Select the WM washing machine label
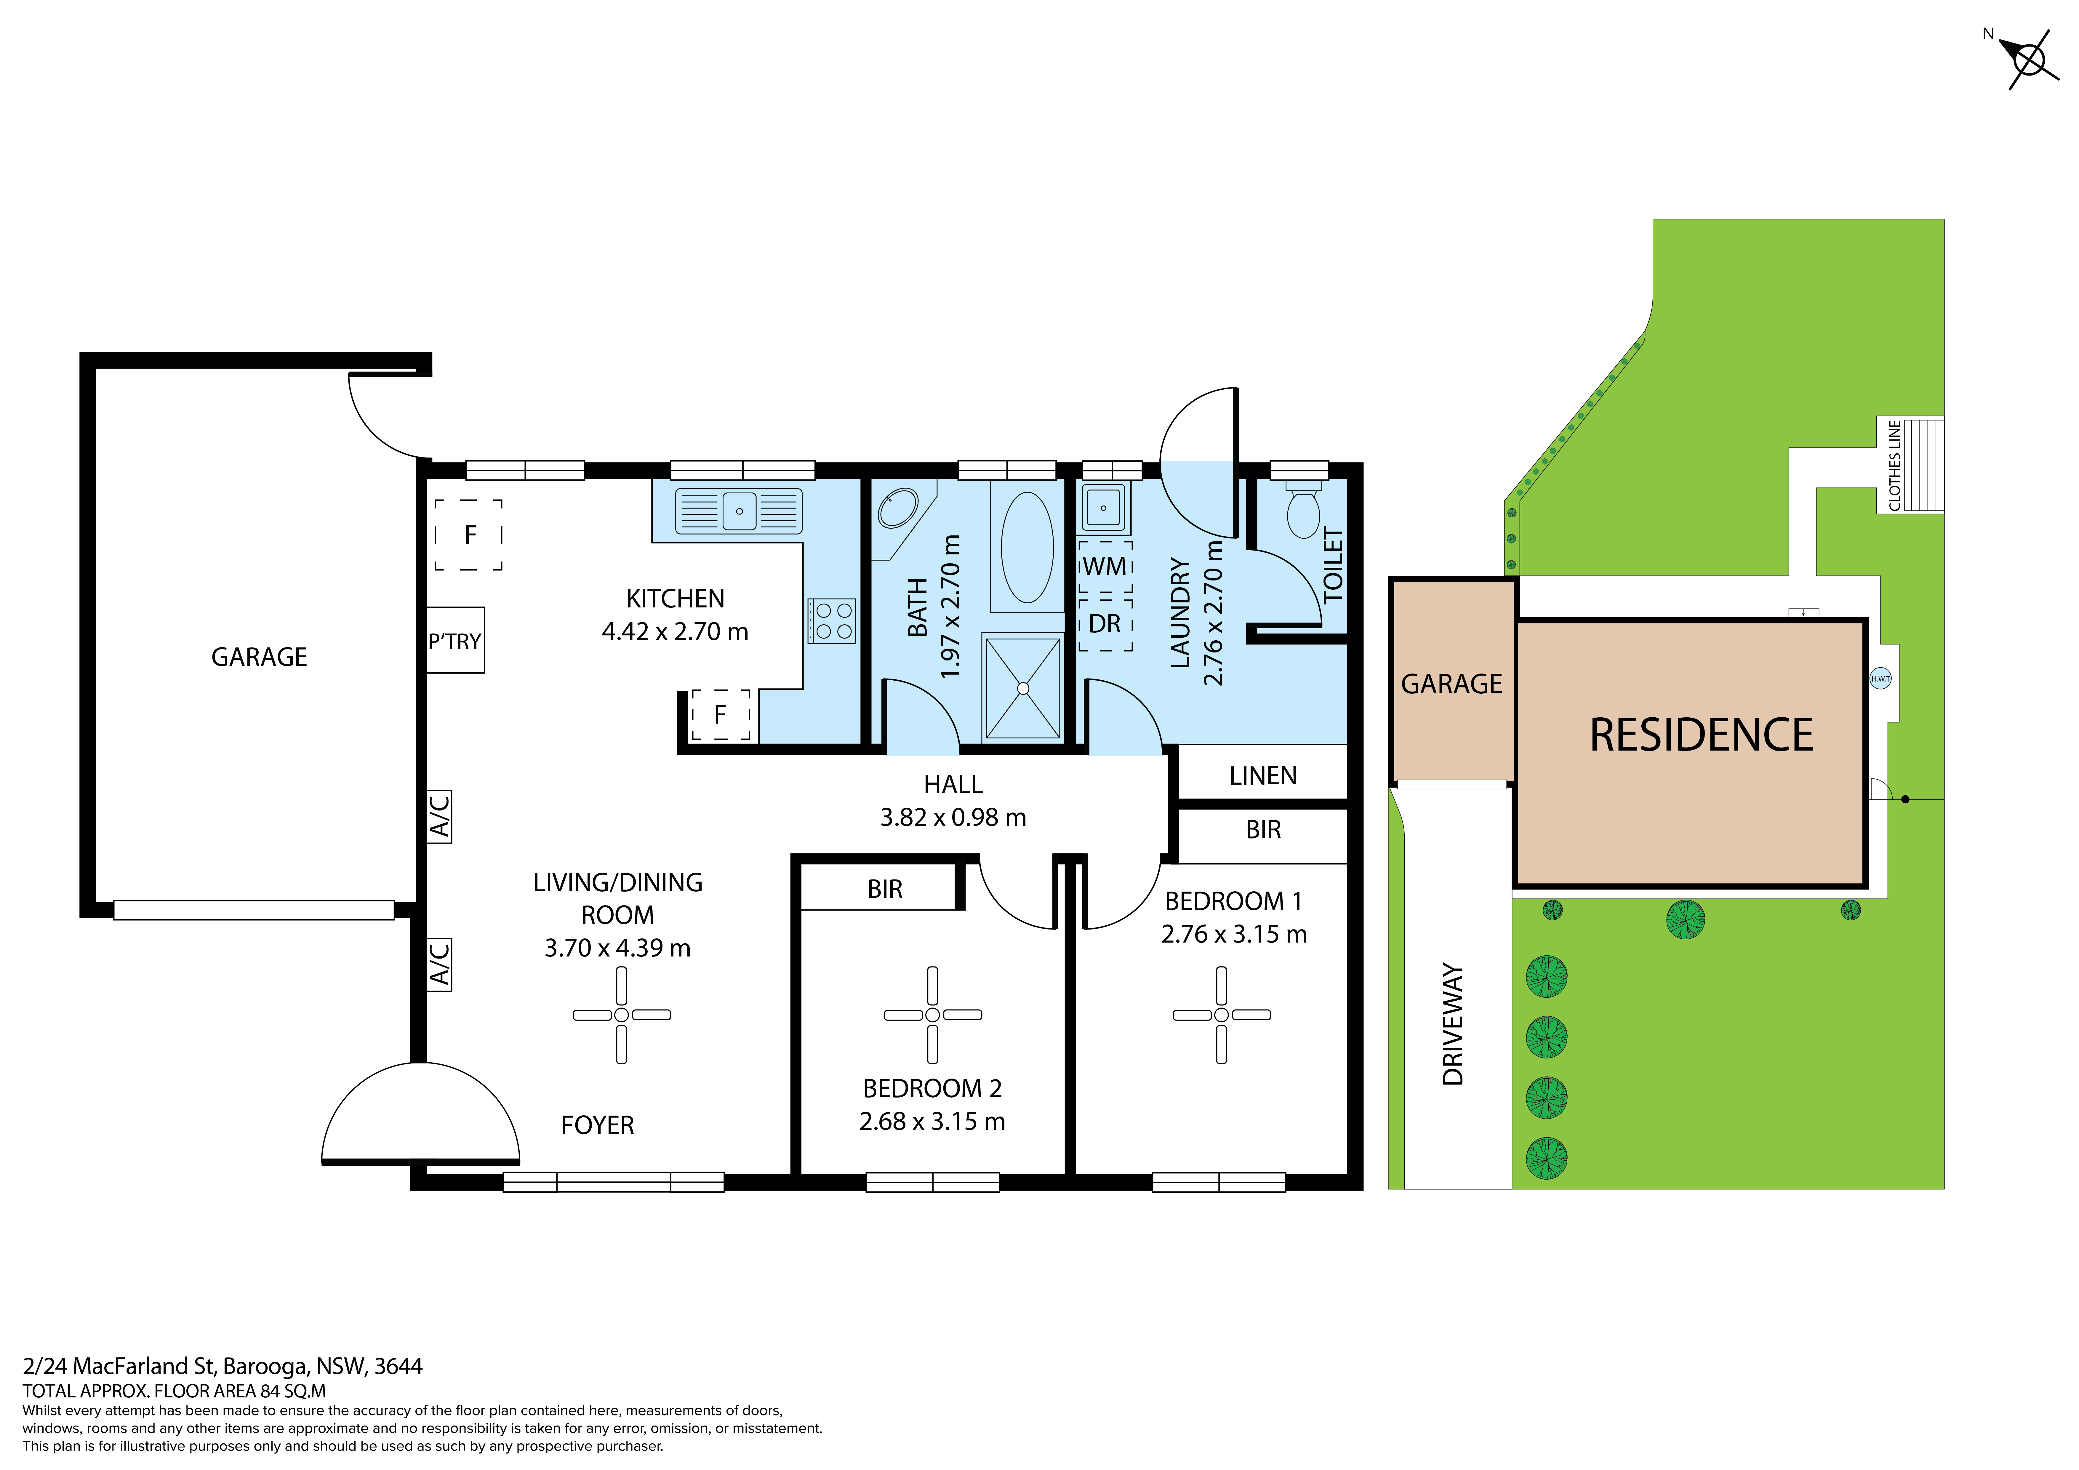pos(1105,567)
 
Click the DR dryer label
pos(1105,624)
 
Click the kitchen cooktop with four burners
pos(832,621)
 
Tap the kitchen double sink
pos(739,511)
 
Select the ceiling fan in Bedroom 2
pos(933,1014)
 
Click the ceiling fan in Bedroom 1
pos(1222,1014)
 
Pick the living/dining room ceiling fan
pos(621,1014)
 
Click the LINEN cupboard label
pos(1263,776)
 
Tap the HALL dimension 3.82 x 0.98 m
pos(953,818)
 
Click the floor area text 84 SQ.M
pos(292,1391)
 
